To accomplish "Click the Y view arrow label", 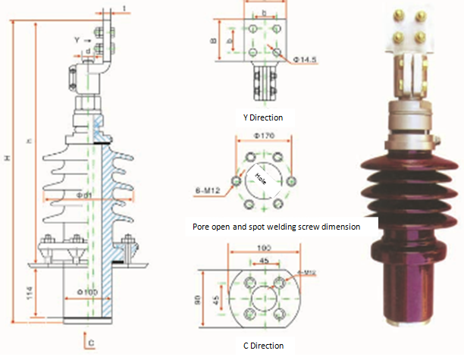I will pyautogui.click(x=77, y=36).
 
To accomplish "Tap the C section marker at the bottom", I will pyautogui.click(x=91, y=343).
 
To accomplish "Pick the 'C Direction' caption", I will pyautogui.click(x=264, y=346).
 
